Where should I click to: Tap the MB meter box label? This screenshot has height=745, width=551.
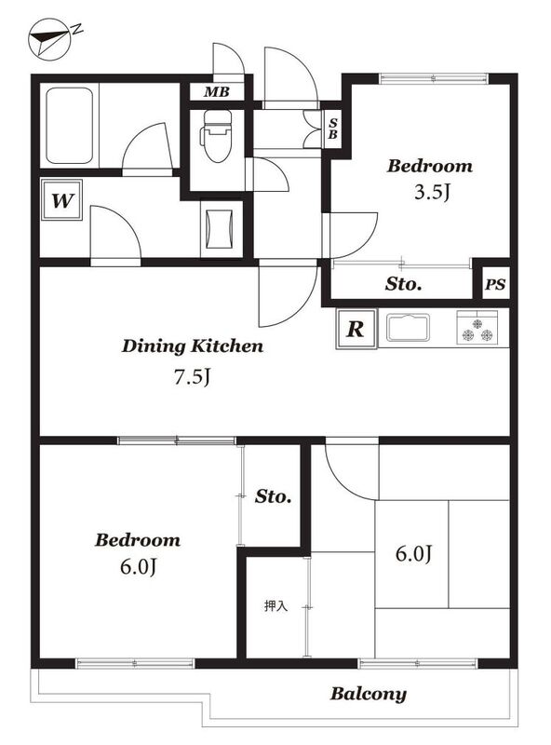click(x=217, y=91)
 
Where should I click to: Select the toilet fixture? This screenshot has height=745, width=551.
click(x=217, y=136)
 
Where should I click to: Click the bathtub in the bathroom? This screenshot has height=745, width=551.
click(x=69, y=126)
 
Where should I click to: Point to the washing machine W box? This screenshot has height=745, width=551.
click(x=61, y=200)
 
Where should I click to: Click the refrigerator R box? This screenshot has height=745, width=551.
click(x=356, y=329)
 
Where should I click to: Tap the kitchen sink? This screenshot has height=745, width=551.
click(x=408, y=328)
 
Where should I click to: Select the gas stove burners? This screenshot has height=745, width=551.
click(x=477, y=328)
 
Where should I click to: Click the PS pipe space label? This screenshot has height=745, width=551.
click(x=495, y=285)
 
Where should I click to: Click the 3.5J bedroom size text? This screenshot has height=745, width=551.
click(x=432, y=193)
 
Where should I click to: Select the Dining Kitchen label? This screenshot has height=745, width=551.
click(x=193, y=345)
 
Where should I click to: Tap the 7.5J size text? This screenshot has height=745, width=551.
click(x=192, y=377)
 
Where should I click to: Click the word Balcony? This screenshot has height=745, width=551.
click(x=369, y=694)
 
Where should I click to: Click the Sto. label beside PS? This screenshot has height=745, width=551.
click(x=403, y=284)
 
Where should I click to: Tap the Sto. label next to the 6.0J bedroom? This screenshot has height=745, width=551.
click(x=273, y=496)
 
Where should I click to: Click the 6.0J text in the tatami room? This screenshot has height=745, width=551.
click(x=414, y=554)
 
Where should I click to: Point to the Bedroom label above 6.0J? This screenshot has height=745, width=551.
click(x=138, y=540)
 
